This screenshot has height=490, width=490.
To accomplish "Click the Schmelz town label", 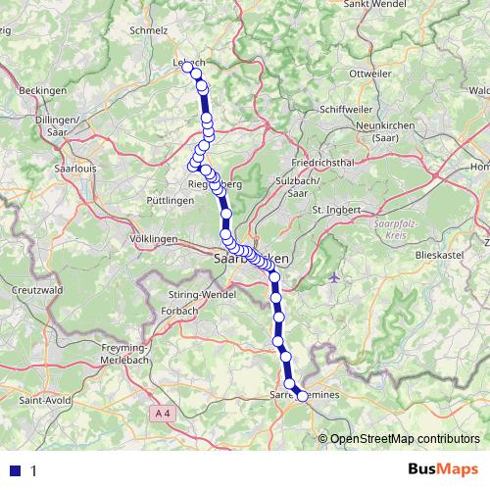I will (x=150, y=30).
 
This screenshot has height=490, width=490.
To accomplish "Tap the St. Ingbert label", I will (x=336, y=209).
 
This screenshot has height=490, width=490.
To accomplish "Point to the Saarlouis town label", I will (x=65, y=168).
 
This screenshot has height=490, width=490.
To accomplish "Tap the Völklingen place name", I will (x=152, y=239).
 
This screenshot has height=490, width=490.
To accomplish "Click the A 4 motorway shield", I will (x=163, y=416).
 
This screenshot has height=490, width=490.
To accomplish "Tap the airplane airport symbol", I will (x=335, y=278).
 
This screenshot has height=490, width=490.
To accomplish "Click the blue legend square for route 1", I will (x=15, y=469).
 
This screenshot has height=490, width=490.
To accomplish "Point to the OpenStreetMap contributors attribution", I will (x=405, y=438).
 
